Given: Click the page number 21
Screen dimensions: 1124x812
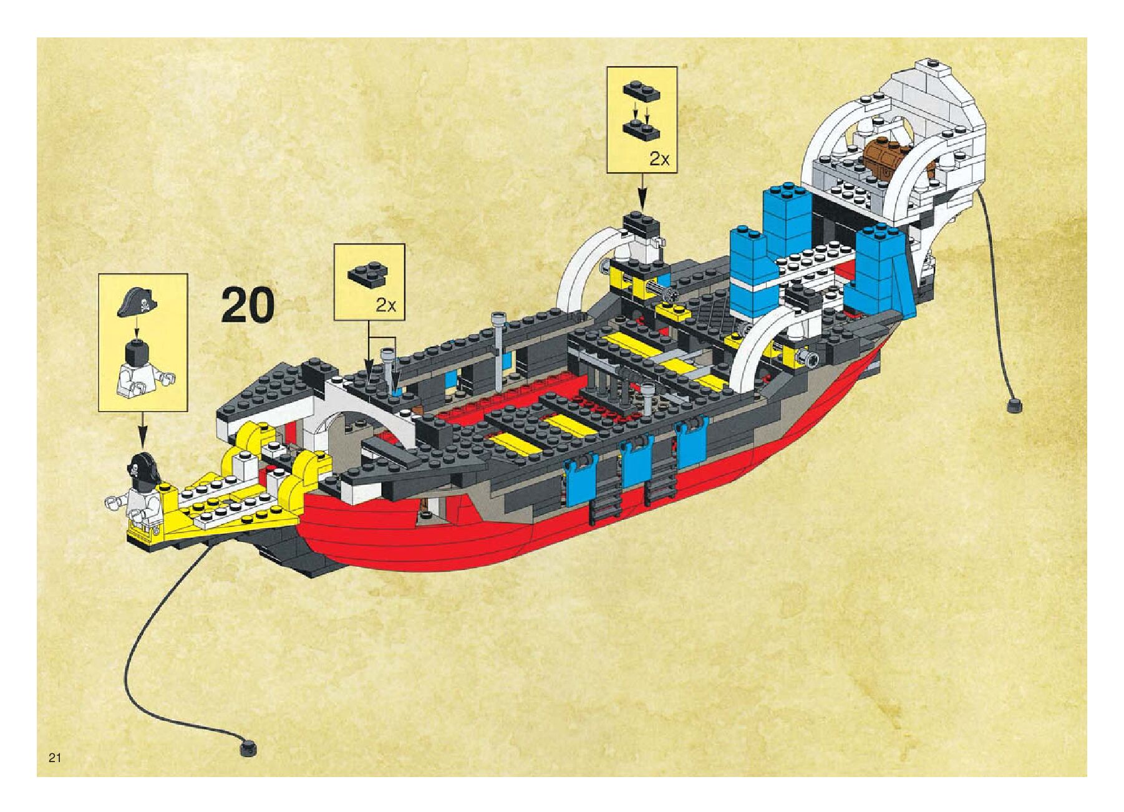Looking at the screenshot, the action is [x=54, y=758].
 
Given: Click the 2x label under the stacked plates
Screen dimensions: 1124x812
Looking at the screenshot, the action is [x=659, y=159].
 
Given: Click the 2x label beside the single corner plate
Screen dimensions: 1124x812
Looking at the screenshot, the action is [x=385, y=305].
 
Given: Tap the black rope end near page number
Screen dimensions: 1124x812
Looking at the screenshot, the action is [x=248, y=747].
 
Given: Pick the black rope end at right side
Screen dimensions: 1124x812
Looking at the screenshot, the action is [x=1014, y=405].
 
